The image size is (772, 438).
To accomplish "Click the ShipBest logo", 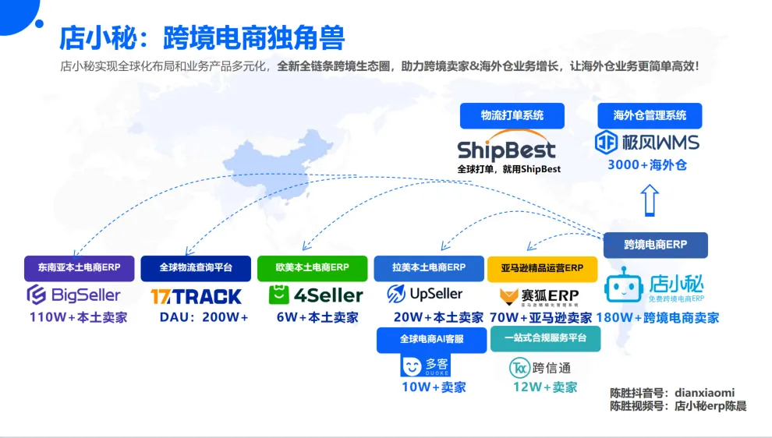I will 506,150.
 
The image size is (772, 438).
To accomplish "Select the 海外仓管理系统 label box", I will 650,115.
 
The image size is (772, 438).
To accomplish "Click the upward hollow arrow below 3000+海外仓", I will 650,200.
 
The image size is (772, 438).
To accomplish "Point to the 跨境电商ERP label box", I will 655,245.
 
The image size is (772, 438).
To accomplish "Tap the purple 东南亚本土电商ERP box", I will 79,268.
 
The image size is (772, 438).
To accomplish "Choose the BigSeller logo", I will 74,295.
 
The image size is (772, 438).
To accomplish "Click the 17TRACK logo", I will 196,296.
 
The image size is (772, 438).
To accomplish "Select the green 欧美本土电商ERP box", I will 313,268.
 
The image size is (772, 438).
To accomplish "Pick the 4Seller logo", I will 316,295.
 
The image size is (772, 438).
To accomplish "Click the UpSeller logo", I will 425,294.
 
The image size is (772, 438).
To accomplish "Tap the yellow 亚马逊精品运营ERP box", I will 542,268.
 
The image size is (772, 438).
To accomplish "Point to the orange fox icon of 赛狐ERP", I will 509,296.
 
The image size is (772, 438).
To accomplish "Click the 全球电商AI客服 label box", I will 431,339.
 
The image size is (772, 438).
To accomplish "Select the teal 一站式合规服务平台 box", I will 546,339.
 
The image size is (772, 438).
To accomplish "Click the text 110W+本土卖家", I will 78,318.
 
